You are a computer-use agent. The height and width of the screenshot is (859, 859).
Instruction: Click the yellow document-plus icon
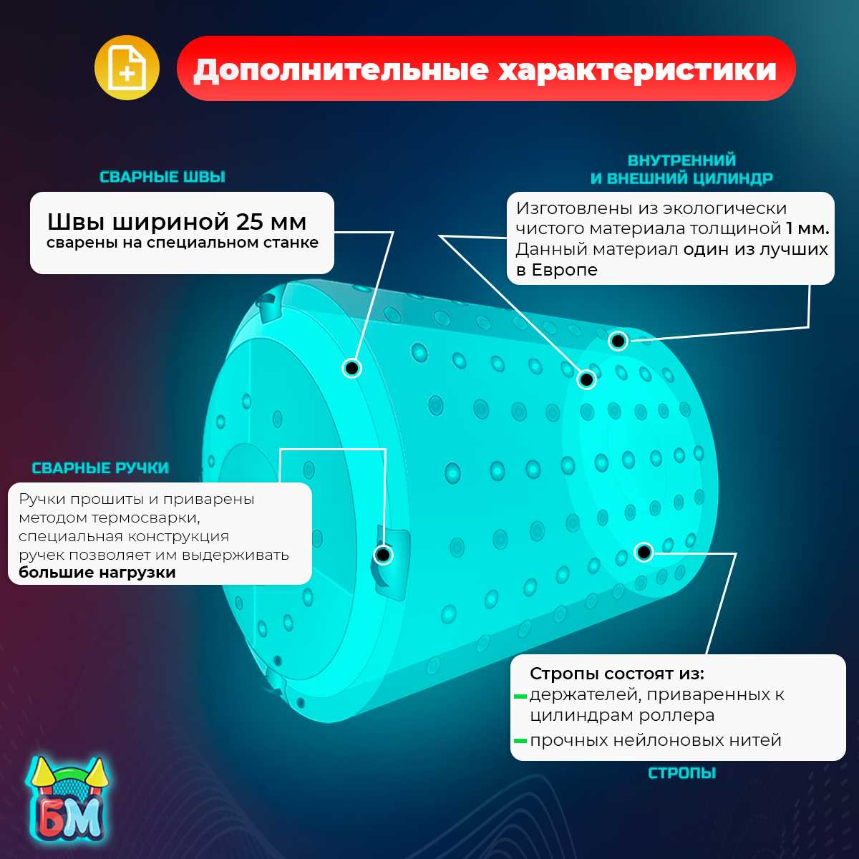pyautogui.click(x=126, y=69)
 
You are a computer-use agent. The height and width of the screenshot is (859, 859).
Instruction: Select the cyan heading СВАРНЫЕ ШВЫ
pyautogui.click(x=162, y=177)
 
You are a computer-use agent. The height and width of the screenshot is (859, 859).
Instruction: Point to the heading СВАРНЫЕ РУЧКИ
pyautogui.click(x=100, y=468)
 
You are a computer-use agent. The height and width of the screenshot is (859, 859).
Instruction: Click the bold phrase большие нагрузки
pyautogui.click(x=97, y=573)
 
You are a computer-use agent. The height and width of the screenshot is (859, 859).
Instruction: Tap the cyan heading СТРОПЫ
pyautogui.click(x=681, y=773)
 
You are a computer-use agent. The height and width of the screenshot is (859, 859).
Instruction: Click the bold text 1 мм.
pyautogui.click(x=807, y=229)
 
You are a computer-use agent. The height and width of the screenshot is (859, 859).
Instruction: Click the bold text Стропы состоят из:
pyautogui.click(x=617, y=674)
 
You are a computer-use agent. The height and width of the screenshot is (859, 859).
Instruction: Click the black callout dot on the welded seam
pyautogui.click(x=351, y=368)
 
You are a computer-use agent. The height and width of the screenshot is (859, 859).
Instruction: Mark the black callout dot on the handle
pyautogui.click(x=384, y=555)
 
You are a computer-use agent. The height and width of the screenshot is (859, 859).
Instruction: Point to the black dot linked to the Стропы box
pyautogui.click(x=644, y=552)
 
